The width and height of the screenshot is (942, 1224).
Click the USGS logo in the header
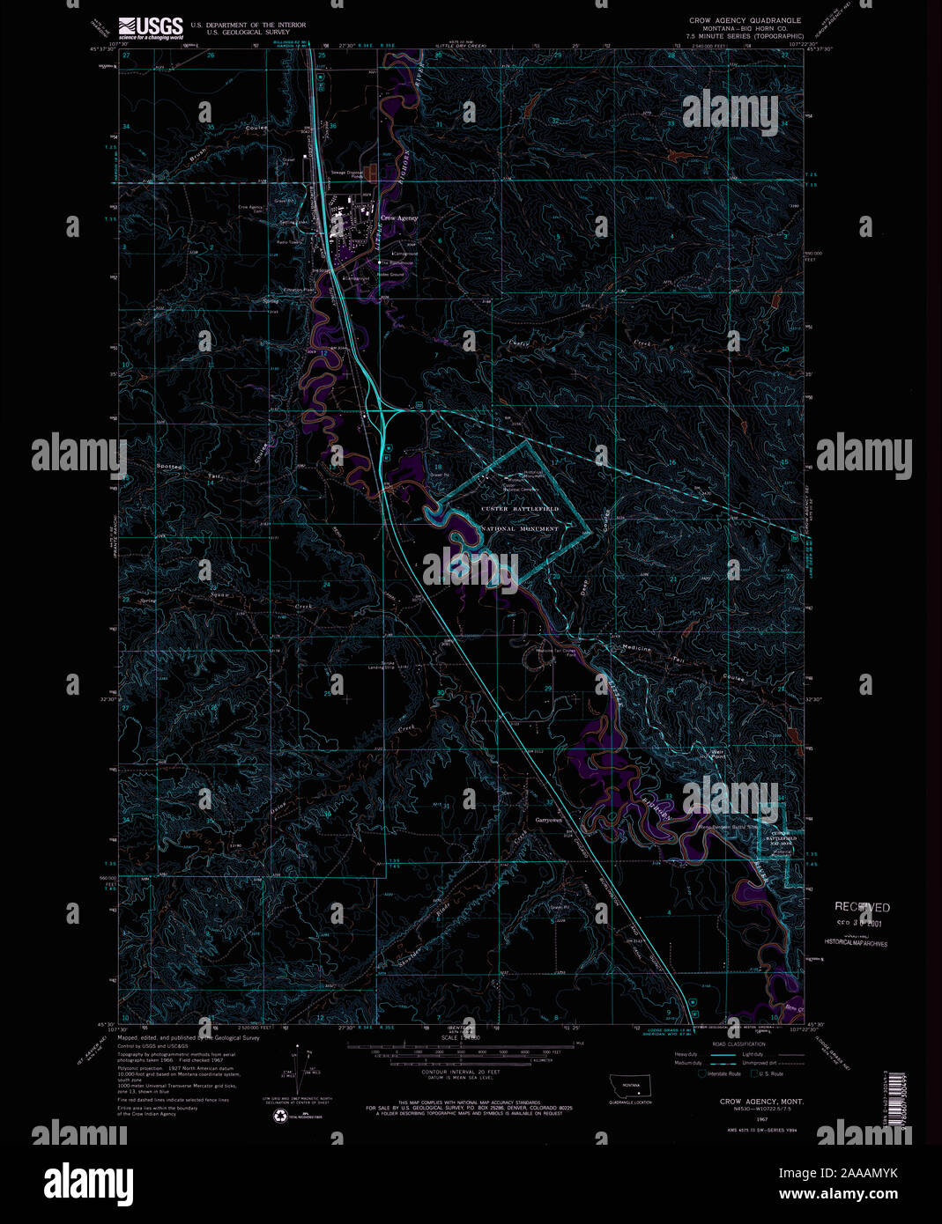151,26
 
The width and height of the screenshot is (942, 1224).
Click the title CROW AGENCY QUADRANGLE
745,19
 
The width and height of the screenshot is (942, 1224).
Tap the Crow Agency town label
399,218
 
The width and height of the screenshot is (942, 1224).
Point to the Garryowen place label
548,820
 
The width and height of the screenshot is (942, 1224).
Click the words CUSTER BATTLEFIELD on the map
520,509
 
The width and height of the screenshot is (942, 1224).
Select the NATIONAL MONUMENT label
520,529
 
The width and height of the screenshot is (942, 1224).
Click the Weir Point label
718,754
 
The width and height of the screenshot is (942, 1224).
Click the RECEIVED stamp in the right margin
862,907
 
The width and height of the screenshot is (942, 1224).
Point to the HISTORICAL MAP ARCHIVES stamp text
856,943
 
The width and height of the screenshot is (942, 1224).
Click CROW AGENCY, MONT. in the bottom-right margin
760,1102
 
